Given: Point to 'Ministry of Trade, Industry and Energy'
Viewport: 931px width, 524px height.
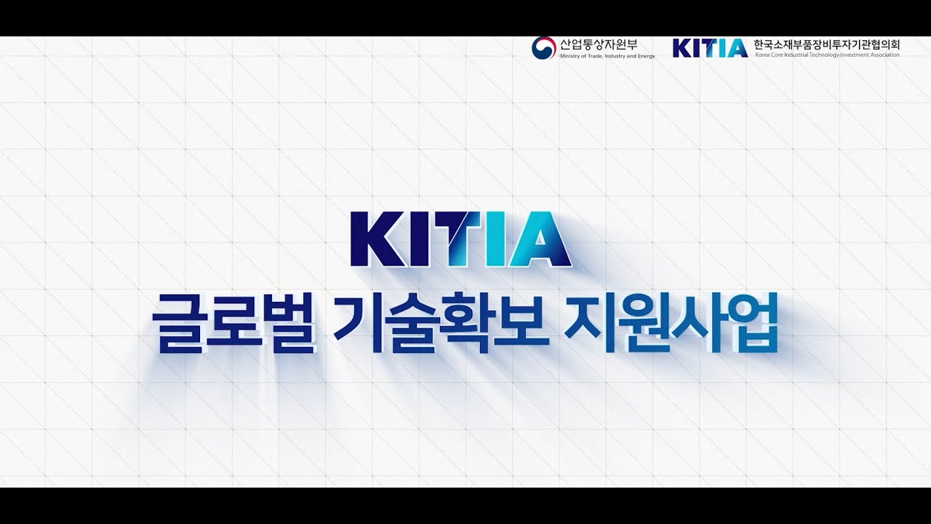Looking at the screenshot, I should pos(607,56).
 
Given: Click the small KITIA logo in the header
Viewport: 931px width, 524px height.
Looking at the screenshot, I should pos(710,48).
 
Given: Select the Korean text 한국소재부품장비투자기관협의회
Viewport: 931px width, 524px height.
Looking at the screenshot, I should pos(827,44).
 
